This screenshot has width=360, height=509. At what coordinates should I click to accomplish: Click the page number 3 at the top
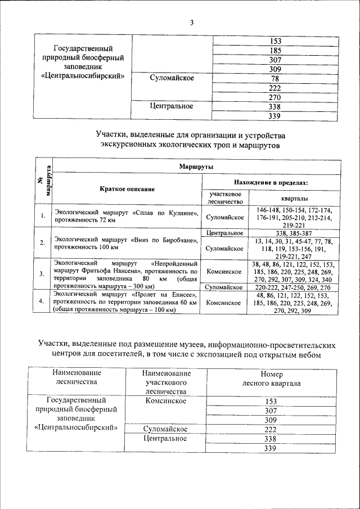click(x=191, y=22)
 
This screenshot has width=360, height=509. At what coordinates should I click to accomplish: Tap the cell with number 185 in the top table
click(x=275, y=50)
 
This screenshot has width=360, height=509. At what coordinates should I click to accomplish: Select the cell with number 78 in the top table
click(x=275, y=79)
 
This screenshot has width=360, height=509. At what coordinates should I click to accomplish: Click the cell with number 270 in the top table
click(x=275, y=97)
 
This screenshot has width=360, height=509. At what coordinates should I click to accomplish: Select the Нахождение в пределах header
click(x=271, y=182)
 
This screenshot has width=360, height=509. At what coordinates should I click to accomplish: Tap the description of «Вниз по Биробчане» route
click(x=126, y=243)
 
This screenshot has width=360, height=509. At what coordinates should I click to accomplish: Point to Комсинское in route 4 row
click(x=224, y=303)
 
